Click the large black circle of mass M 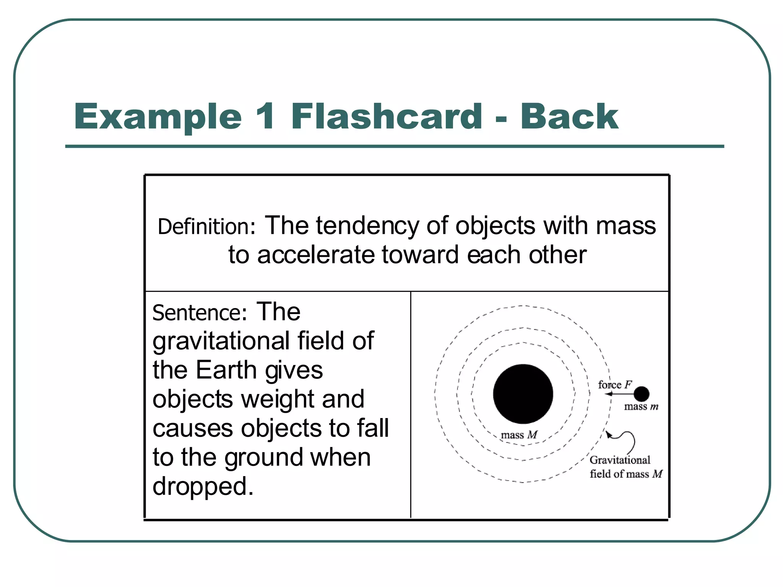click(523, 394)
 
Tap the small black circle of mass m click(641, 394)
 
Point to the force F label click(615, 384)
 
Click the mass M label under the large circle click(519, 435)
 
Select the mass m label click(641, 407)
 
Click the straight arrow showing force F click(619, 394)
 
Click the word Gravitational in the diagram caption click(620, 460)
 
